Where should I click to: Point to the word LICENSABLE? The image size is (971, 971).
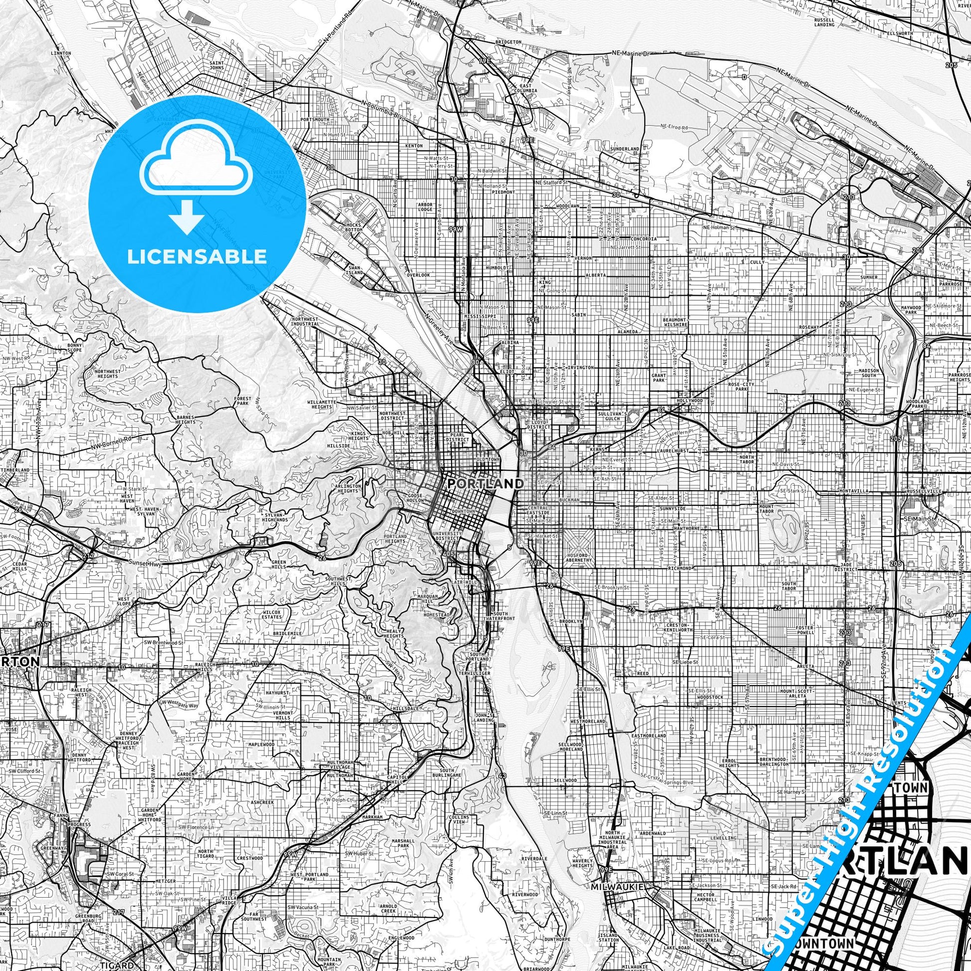197,256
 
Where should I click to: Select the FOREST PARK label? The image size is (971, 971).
243,401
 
